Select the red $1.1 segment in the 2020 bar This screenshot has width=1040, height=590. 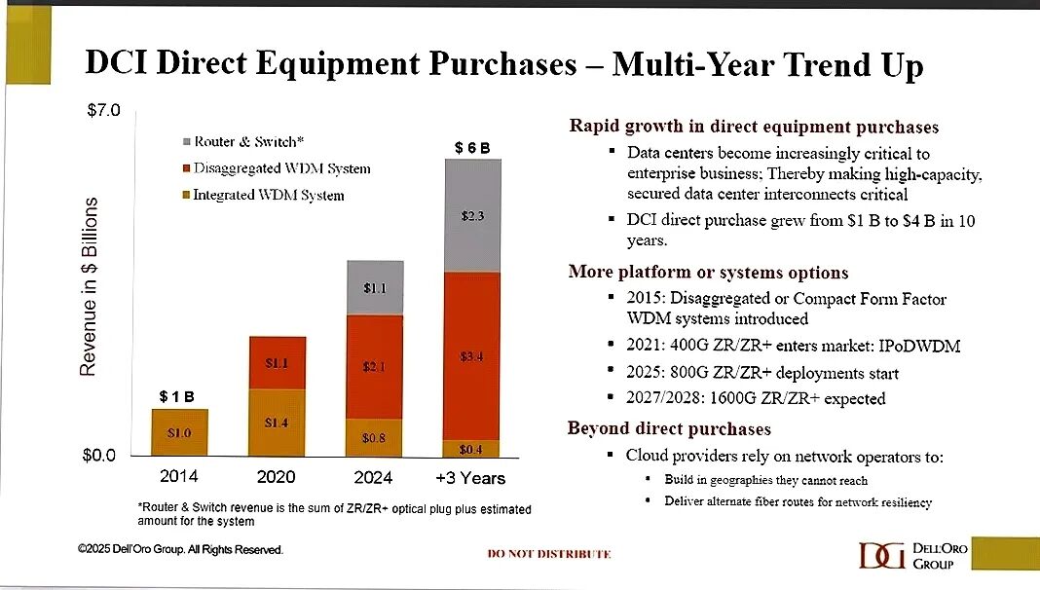278,363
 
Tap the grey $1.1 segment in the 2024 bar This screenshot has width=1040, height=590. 375,288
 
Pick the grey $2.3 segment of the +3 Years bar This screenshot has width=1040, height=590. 472,215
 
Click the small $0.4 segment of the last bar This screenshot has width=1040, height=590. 472,449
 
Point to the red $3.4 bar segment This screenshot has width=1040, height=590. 472,356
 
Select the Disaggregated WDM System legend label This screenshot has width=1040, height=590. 281,168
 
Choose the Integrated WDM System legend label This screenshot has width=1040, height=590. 268,195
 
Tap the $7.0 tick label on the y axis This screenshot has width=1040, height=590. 102,111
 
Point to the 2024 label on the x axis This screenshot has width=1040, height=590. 373,478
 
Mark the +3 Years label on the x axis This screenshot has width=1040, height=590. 471,478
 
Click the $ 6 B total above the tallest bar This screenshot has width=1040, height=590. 473,147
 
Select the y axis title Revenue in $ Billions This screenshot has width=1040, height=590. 89,287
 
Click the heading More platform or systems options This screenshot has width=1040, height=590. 708,273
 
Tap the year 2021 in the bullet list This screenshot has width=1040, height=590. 646,347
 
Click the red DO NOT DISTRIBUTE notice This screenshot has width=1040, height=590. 549,554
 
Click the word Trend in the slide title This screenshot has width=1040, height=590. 802,64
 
